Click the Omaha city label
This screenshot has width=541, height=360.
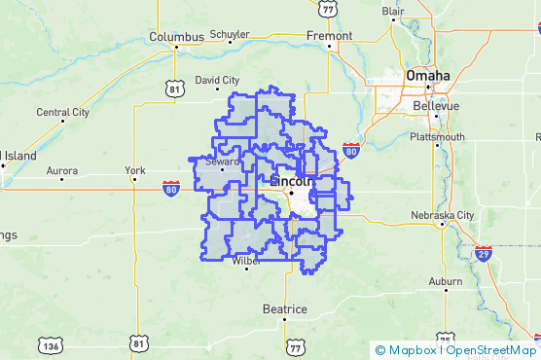[428, 75]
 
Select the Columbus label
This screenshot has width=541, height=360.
[176, 37]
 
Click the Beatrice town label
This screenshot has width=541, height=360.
[284, 309]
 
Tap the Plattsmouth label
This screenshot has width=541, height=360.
[437, 136]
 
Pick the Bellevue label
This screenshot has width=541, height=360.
[435, 105]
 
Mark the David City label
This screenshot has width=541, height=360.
[217, 80]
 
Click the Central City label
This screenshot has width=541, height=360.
[63, 112]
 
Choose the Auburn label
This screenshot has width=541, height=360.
[445, 282]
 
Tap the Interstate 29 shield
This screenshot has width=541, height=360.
[484, 254]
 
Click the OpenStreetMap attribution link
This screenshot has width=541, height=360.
[490, 350]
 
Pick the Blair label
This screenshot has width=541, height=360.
[393, 12]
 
